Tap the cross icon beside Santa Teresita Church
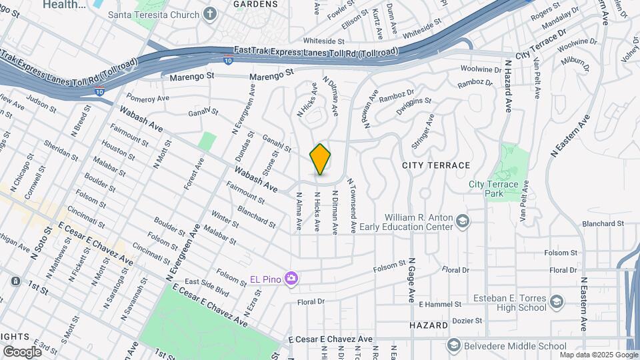211,14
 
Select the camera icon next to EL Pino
291,278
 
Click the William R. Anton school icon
463,220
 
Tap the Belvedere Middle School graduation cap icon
454,345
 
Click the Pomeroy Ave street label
148,98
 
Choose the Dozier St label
467,321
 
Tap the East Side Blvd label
207,287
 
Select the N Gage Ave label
412,279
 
